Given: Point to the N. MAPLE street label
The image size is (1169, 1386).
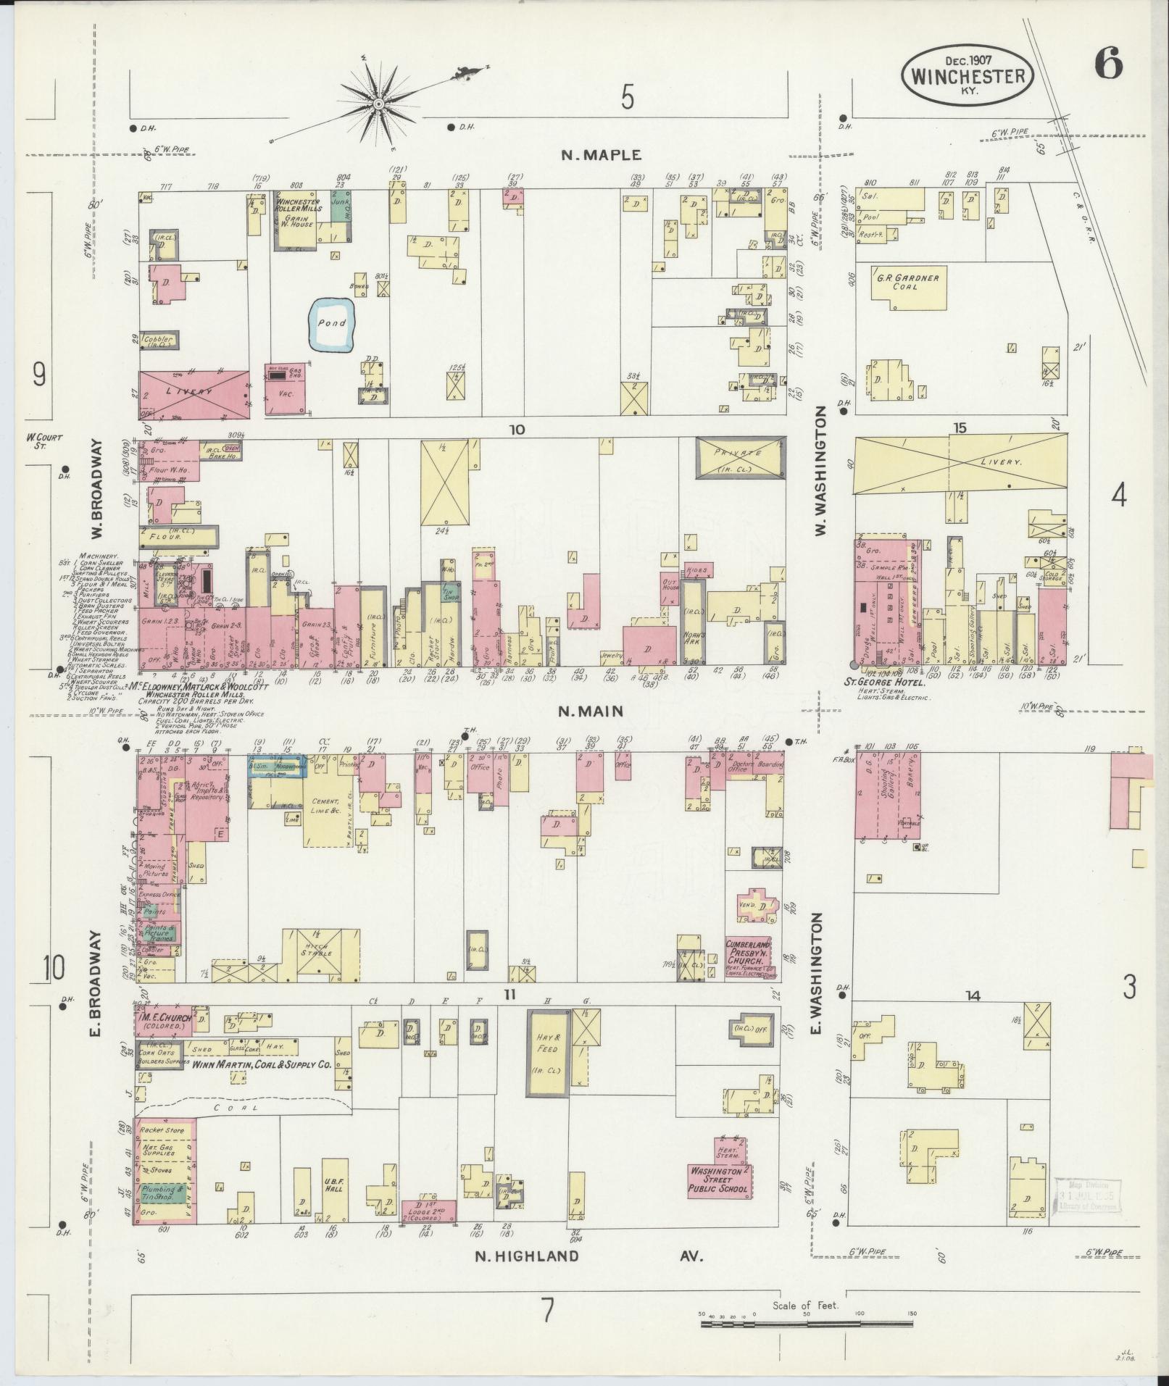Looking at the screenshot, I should pyautogui.click(x=602, y=154).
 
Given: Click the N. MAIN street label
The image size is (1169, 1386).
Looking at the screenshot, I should pyautogui.click(x=591, y=711).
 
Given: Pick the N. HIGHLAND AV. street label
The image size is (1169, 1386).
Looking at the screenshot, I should pyautogui.click(x=588, y=1256).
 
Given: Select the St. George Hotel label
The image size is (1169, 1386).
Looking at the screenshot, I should pyautogui.click(x=891, y=682).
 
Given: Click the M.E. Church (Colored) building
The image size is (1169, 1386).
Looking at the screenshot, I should pyautogui.click(x=163, y=1019).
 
